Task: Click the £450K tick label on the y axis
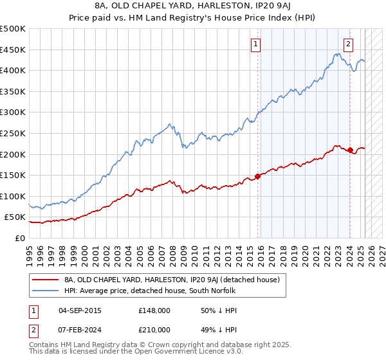point(13,50)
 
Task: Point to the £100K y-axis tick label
point(13,196)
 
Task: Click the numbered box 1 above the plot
point(256,44)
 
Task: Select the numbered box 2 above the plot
point(348,44)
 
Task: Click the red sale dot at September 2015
point(257,175)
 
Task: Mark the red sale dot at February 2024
point(350,150)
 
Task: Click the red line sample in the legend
point(44,280)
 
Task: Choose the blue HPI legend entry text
point(150,291)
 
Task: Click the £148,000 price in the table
point(154,310)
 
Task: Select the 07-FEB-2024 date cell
point(80,329)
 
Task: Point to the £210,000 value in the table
point(154,329)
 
